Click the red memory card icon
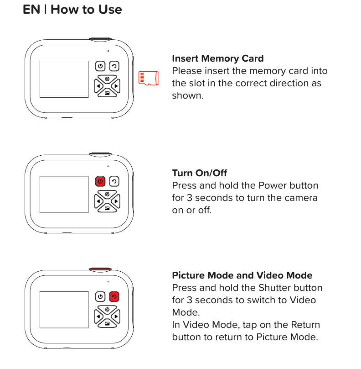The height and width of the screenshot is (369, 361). [x=149, y=78]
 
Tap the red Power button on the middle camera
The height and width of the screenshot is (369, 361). [x=100, y=181]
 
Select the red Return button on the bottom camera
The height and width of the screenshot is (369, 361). [x=114, y=296]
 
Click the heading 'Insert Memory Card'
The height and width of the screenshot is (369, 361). [x=217, y=58]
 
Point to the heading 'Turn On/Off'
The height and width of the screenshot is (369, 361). [x=199, y=173]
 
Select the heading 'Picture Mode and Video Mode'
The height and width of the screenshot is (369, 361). [x=242, y=275]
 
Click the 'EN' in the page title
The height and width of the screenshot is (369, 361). [x=31, y=10]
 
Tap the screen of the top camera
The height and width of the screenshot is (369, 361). [x=64, y=79]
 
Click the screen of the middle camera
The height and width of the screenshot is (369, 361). [x=64, y=194]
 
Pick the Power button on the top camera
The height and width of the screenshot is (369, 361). [x=100, y=66]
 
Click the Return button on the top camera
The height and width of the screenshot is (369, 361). [x=114, y=66]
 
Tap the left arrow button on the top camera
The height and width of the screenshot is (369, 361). [x=98, y=86]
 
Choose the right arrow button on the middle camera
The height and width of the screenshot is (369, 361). [x=116, y=201]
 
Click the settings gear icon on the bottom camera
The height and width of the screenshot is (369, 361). [x=107, y=309]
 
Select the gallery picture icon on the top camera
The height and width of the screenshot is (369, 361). [x=107, y=93]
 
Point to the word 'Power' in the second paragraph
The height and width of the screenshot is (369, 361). [x=272, y=185]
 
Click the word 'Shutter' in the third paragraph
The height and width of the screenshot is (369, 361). [x=274, y=288]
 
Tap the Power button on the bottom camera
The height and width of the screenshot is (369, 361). [x=100, y=296]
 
